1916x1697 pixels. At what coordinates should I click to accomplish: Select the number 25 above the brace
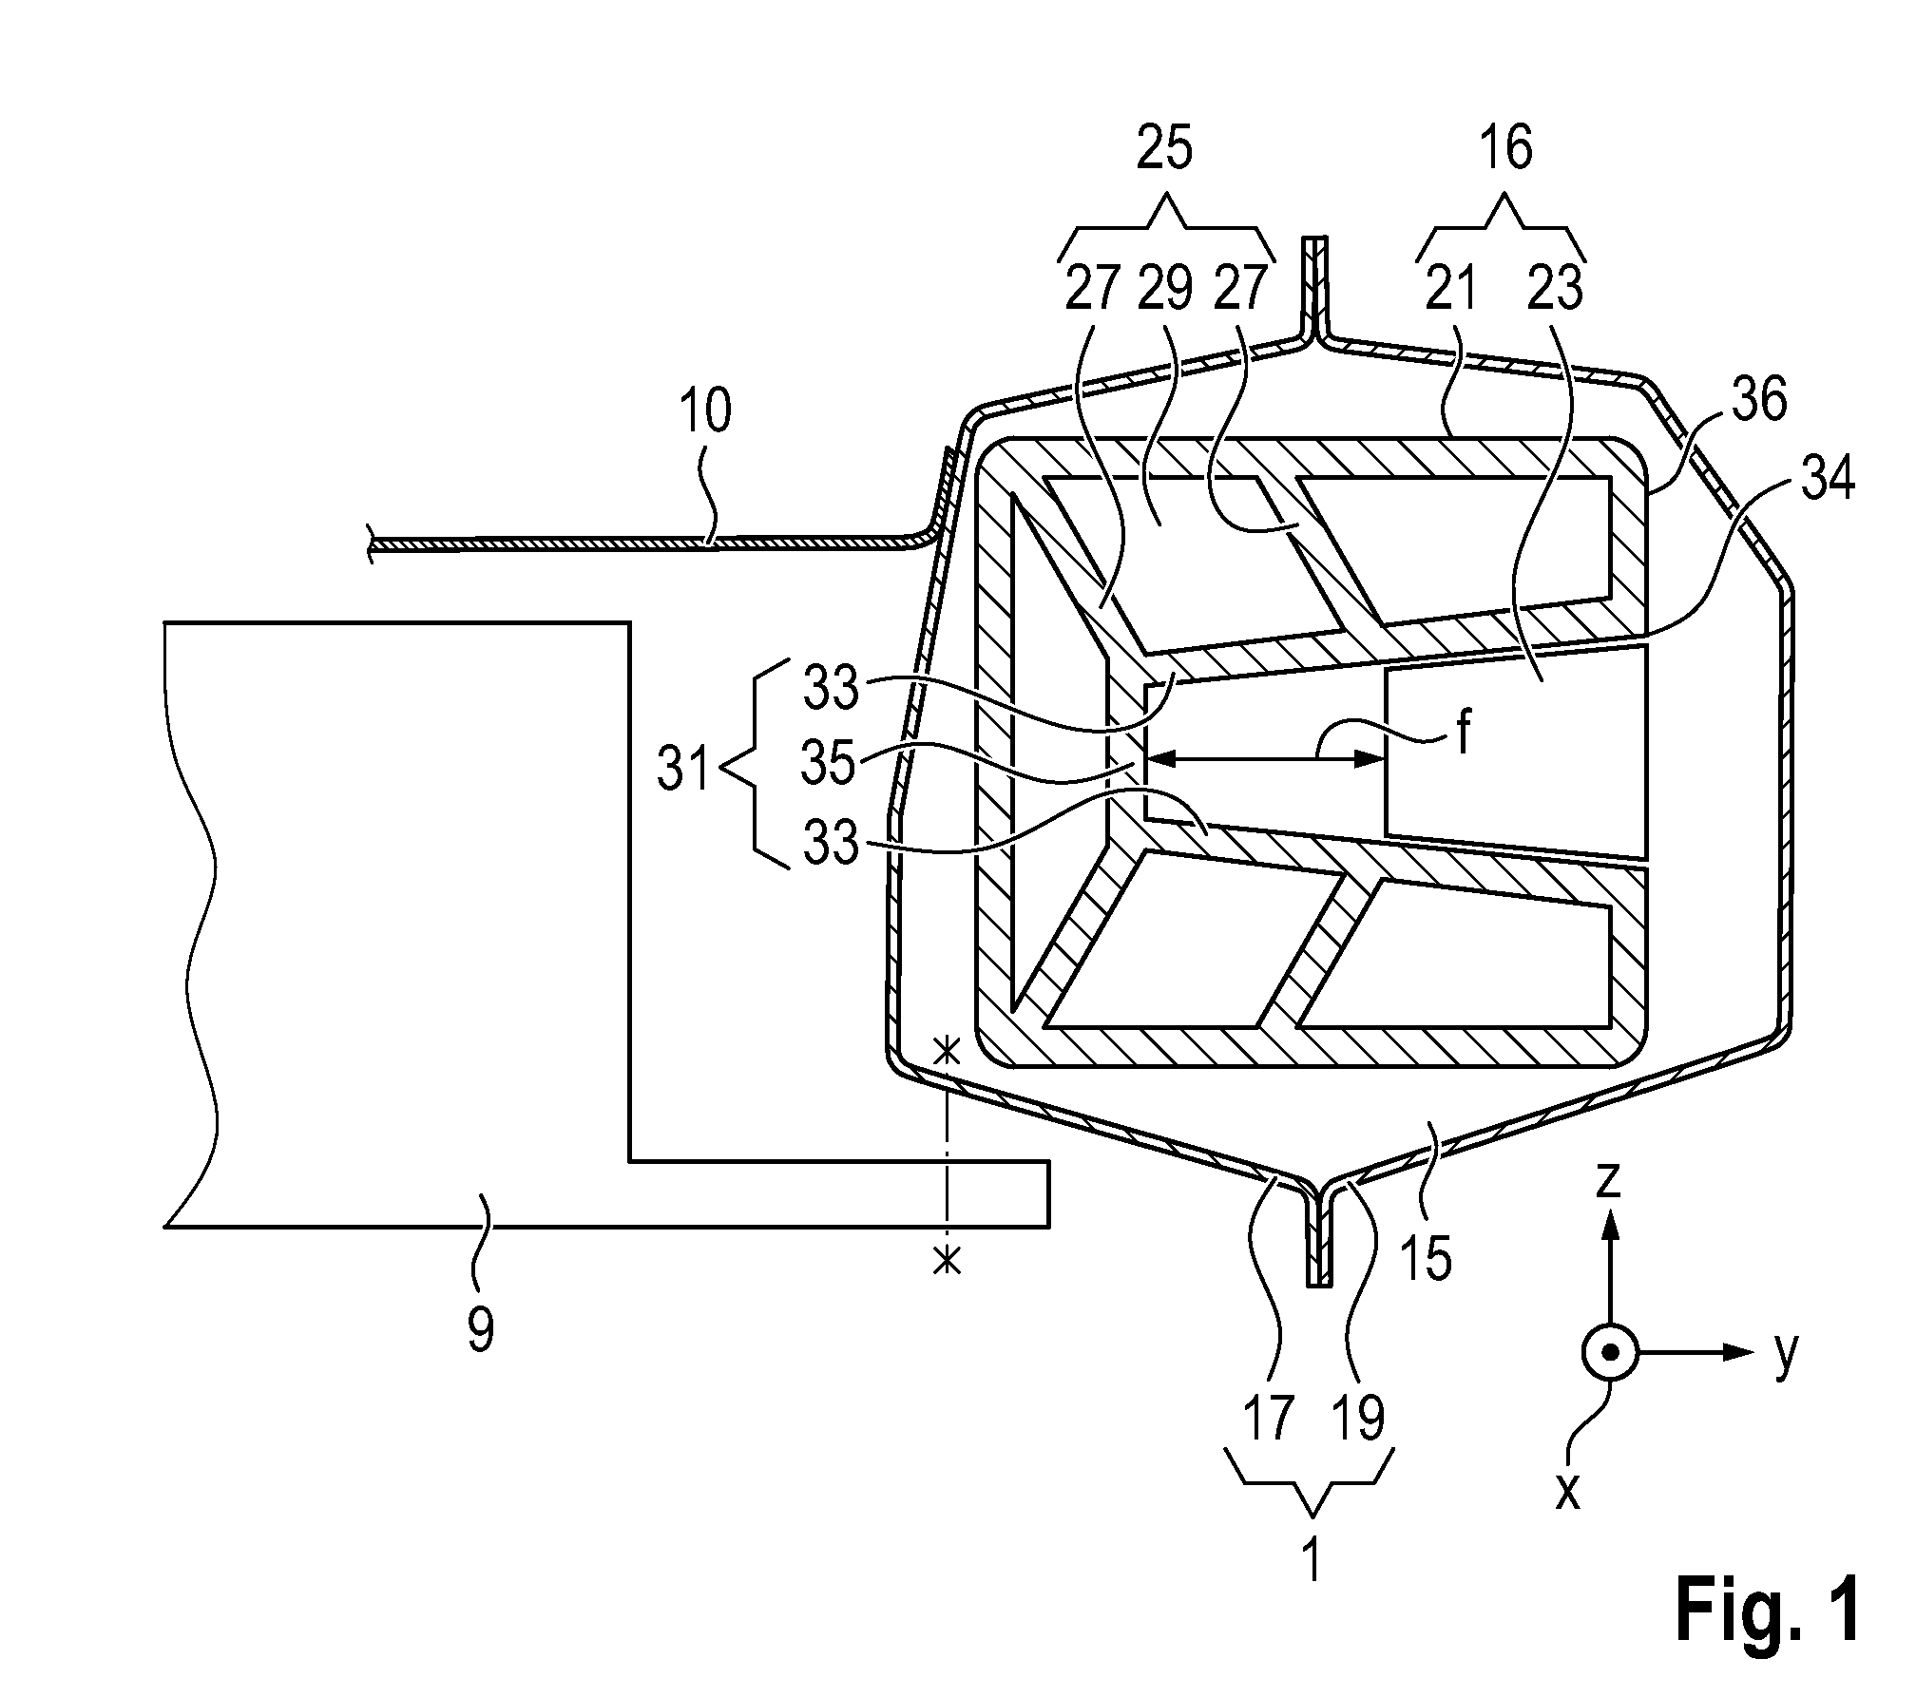tap(1164, 149)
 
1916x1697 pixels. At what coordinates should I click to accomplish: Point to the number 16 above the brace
tap(1506, 149)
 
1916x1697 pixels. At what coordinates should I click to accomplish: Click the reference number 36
tap(1759, 400)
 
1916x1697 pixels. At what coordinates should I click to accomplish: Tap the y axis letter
tap(1786, 1353)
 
